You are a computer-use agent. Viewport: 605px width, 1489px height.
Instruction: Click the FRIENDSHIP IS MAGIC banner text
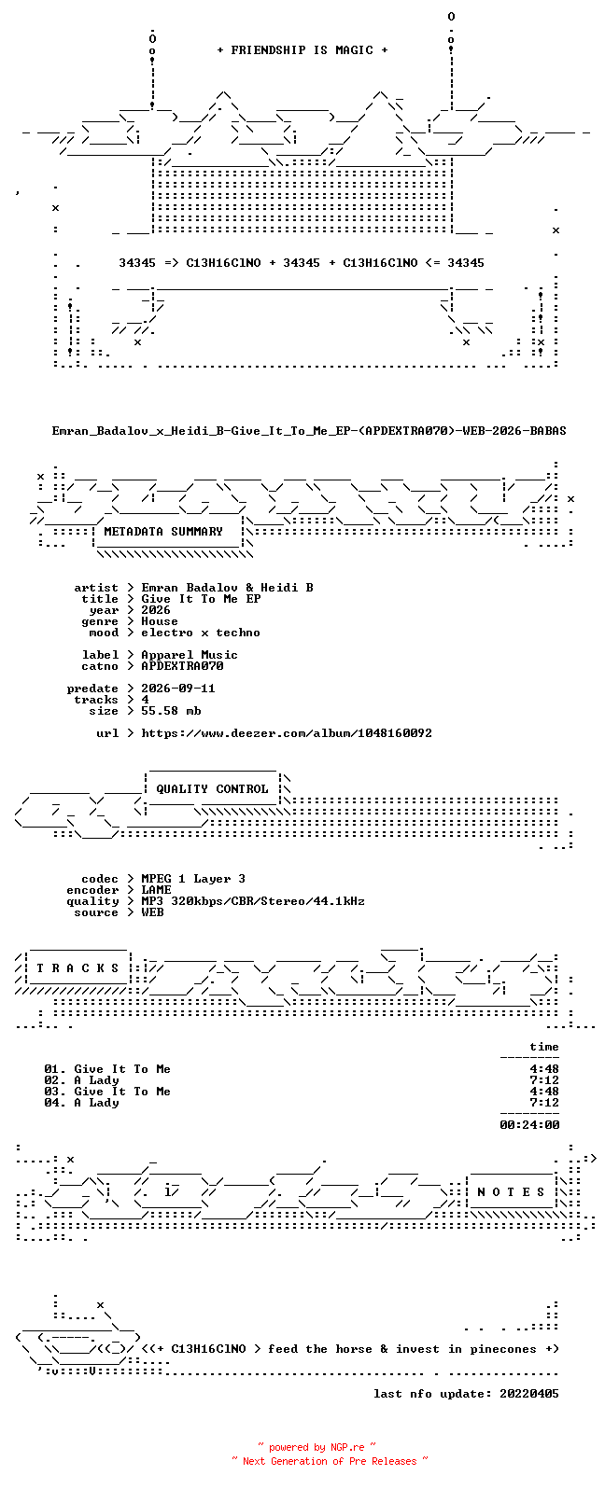point(302,50)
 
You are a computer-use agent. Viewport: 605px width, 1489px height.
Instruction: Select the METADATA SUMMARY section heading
point(163,532)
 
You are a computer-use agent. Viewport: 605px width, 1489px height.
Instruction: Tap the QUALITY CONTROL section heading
point(212,789)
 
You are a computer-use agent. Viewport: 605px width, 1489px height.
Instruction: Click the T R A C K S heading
point(77,968)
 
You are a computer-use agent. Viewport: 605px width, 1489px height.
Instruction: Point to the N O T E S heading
point(511,1192)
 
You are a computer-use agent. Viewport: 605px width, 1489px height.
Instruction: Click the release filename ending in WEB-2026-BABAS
point(309,431)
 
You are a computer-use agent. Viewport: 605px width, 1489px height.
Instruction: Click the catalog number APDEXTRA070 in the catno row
point(182,666)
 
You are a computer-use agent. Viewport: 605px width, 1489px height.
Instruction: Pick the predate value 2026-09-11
point(178,689)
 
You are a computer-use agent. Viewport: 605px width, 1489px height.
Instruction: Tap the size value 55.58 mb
point(171,711)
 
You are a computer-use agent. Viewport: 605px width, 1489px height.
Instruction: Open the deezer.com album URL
point(287,733)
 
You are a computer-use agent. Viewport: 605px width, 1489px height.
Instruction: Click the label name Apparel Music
point(190,656)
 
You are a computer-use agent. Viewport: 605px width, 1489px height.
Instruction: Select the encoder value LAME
point(157,890)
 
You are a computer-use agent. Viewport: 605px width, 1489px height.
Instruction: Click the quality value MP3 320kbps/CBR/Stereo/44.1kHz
point(253,901)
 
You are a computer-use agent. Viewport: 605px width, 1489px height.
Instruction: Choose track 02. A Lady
point(82,1080)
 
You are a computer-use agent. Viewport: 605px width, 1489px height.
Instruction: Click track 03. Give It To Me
point(107,1092)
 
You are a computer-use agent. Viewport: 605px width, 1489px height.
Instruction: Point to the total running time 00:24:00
point(529,1125)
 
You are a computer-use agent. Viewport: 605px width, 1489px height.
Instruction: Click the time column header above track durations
point(544,1047)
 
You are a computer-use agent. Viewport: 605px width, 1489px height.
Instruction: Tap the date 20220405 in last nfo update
point(529,1394)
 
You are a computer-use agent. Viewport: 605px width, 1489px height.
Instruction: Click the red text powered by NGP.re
point(317,1447)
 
